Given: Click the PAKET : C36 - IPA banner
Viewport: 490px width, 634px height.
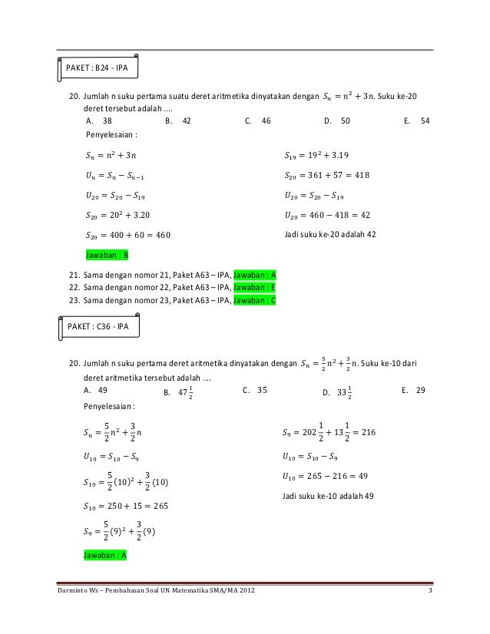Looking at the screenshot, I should pyautogui.click(x=98, y=325).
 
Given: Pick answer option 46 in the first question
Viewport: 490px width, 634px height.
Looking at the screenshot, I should pyautogui.click(x=267, y=121).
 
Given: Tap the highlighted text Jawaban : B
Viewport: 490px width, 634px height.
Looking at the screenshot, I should pyautogui.click(x=107, y=254).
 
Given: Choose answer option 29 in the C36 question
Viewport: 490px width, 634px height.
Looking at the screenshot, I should pyautogui.click(x=420, y=390).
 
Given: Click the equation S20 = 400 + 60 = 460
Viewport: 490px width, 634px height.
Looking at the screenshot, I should pyautogui.click(x=128, y=235).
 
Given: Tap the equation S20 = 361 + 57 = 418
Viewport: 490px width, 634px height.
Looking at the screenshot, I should pyautogui.click(x=326, y=175).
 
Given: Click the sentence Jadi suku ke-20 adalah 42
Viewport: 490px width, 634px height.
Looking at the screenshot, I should pyautogui.click(x=329, y=234).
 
